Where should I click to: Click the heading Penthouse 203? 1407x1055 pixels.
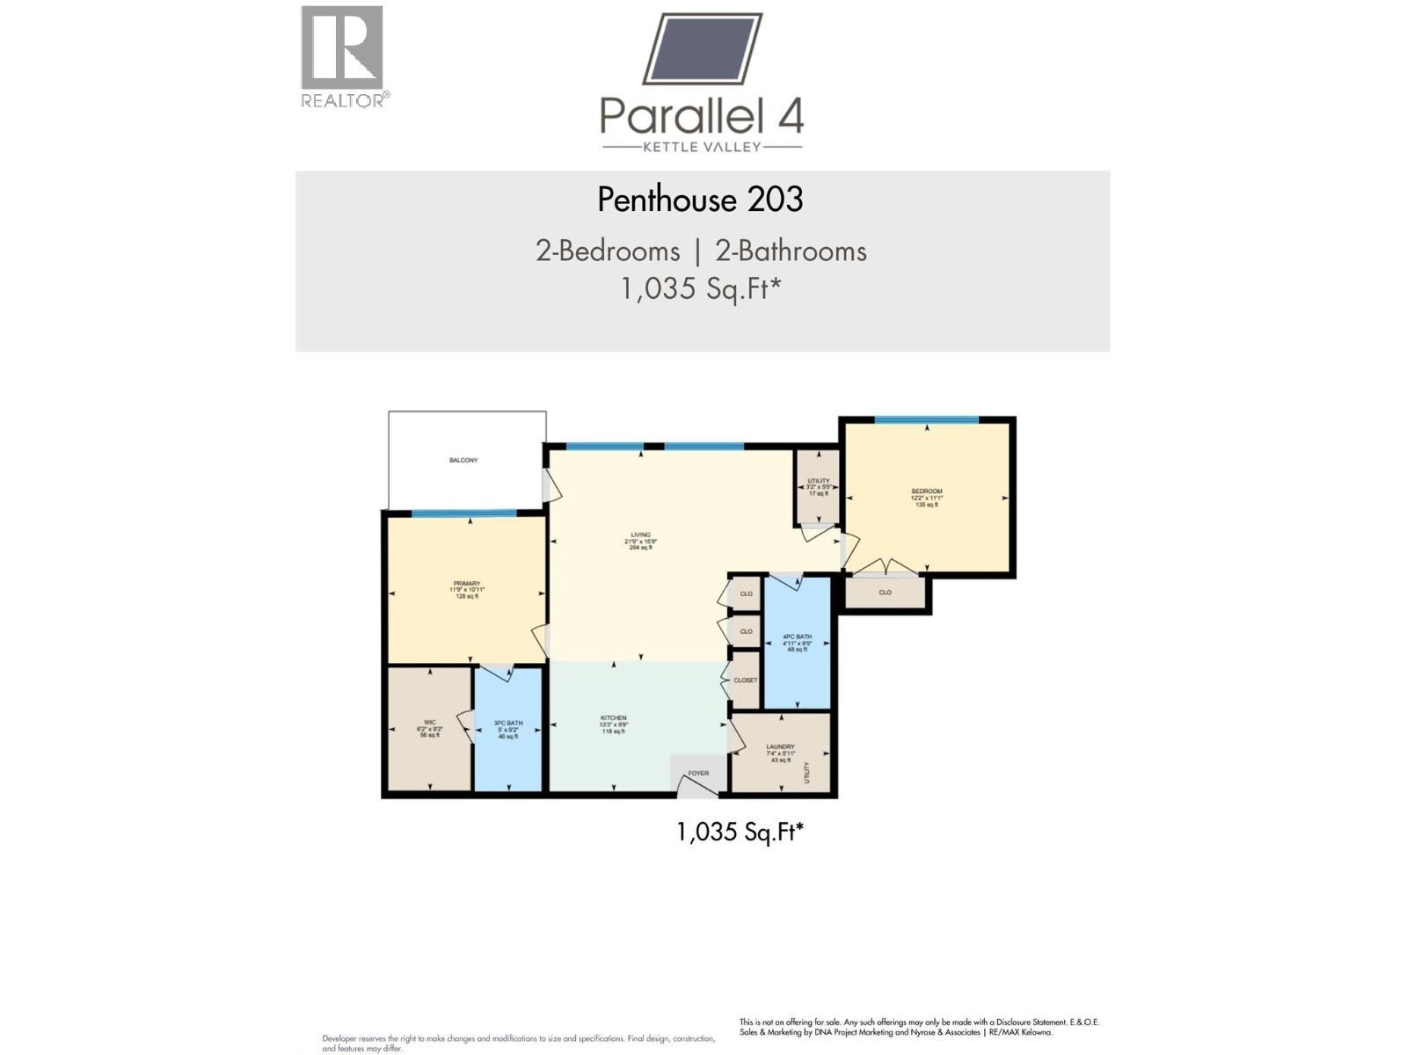(x=700, y=200)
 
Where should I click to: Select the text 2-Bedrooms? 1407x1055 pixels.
(x=608, y=251)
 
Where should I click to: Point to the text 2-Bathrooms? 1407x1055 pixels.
(x=791, y=251)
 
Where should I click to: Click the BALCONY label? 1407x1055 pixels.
(x=463, y=460)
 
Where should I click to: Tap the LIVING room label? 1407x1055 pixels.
(x=640, y=535)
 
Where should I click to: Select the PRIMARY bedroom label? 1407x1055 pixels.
(x=467, y=584)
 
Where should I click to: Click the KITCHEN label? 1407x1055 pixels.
(x=613, y=718)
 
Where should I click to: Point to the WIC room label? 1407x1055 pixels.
(x=429, y=723)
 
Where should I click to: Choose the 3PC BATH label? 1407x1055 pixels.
(x=508, y=724)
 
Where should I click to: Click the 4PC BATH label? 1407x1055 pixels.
(x=797, y=637)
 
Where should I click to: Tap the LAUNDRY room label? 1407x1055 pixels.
(x=780, y=747)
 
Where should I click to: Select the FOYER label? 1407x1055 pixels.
(x=698, y=774)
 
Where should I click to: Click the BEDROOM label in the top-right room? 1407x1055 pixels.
(x=926, y=491)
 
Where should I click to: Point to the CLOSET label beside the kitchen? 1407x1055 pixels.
(x=745, y=680)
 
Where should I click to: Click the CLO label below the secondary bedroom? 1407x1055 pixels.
(x=885, y=593)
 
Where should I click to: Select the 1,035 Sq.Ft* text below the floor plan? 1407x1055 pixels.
(x=740, y=832)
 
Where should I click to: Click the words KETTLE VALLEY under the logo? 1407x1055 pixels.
(x=702, y=147)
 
